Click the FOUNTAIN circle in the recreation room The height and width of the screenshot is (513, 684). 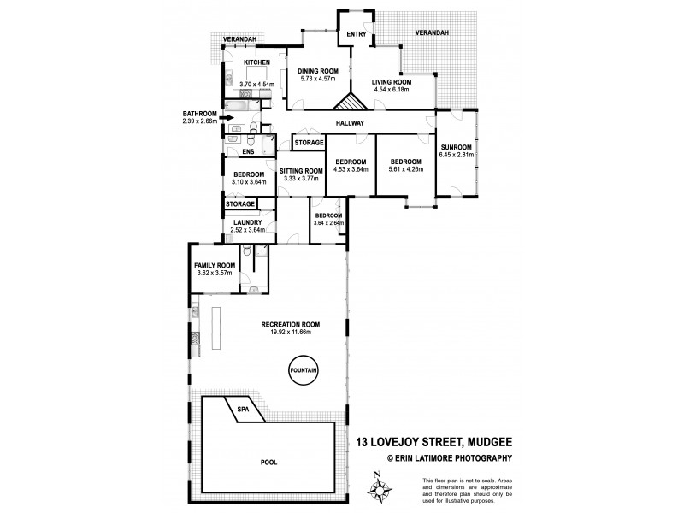point(304,370)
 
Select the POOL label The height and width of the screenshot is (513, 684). point(271,462)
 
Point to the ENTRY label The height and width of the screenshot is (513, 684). point(356,35)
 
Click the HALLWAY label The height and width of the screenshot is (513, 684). point(351,124)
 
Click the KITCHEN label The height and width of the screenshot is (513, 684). point(257,63)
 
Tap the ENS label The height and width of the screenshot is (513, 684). point(247,152)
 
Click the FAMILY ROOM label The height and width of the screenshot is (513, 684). point(215,266)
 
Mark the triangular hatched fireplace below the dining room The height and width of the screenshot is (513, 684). point(349,103)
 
